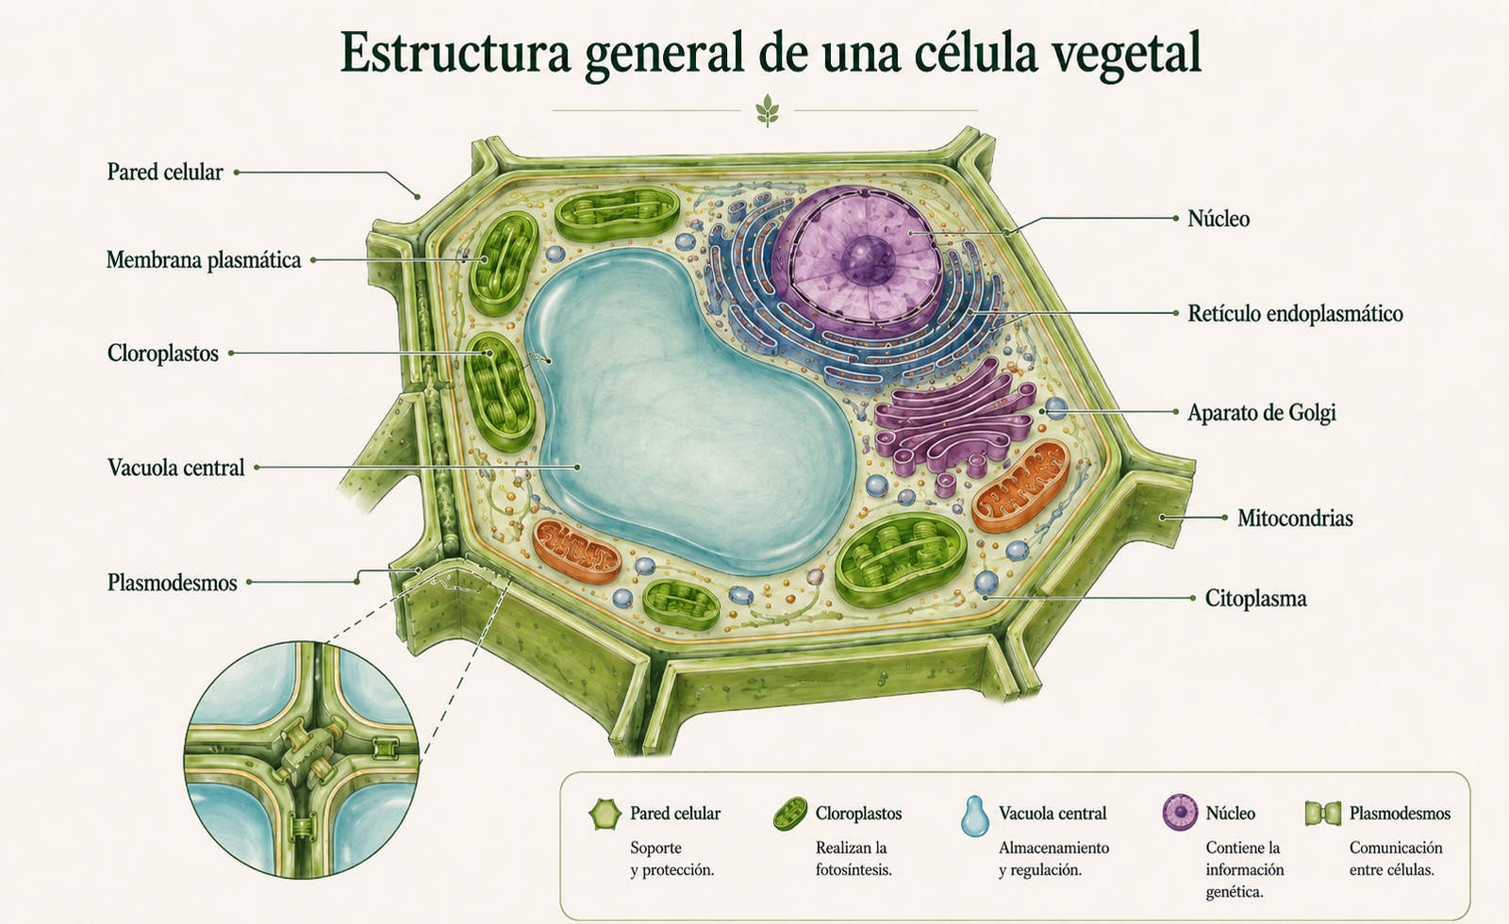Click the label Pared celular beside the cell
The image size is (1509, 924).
(x=165, y=172)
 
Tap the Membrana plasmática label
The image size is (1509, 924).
(x=204, y=260)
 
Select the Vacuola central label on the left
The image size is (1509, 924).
(x=175, y=468)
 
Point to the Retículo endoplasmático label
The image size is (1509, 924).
(x=1295, y=314)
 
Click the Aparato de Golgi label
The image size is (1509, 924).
(x=1261, y=412)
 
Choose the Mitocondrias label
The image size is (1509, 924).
(x=1295, y=518)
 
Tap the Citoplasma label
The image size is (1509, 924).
(x=1255, y=598)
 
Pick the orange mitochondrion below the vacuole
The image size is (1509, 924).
(x=576, y=551)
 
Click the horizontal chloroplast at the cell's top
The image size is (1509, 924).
(x=617, y=215)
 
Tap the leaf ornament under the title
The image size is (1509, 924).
(x=767, y=111)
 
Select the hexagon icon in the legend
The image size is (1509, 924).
(x=605, y=815)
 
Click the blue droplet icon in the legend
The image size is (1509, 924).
(x=975, y=817)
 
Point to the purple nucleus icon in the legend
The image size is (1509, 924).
(x=1180, y=812)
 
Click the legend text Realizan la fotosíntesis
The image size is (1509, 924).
(x=854, y=859)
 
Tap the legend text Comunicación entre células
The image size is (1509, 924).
(x=1396, y=859)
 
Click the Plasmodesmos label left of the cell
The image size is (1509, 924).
(x=173, y=583)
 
